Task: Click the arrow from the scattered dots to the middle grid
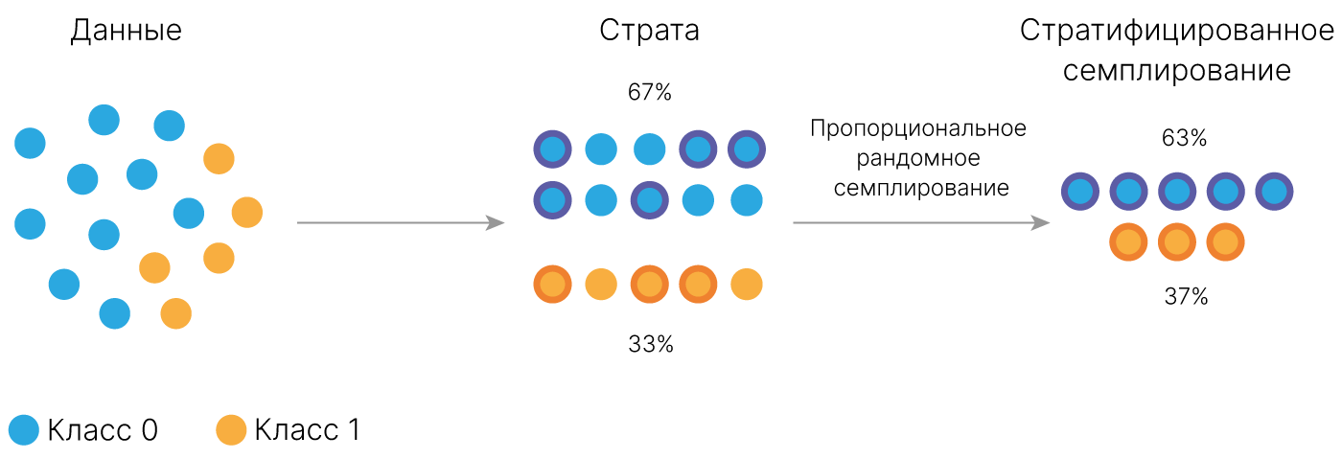click(401, 223)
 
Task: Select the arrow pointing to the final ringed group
click(920, 223)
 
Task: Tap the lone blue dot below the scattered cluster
click(24, 429)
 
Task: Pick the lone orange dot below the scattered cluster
click(231, 429)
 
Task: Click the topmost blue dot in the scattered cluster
click(104, 120)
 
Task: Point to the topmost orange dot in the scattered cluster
click(219, 158)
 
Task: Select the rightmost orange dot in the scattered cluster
click(246, 212)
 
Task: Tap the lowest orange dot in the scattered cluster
click(175, 313)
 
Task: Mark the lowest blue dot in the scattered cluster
click(114, 313)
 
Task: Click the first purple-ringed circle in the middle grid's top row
click(552, 149)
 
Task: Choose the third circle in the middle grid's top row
click(649, 149)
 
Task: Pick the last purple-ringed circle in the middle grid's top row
click(746, 149)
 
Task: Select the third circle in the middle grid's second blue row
click(649, 200)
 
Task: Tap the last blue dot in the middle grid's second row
click(746, 200)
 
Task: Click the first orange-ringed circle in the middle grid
click(552, 285)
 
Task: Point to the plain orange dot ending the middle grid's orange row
click(746, 285)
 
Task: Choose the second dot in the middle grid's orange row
click(601, 285)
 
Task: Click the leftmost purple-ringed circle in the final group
click(1080, 192)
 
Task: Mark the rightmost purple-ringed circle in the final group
click(1274, 192)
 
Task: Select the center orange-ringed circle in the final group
click(1177, 242)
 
